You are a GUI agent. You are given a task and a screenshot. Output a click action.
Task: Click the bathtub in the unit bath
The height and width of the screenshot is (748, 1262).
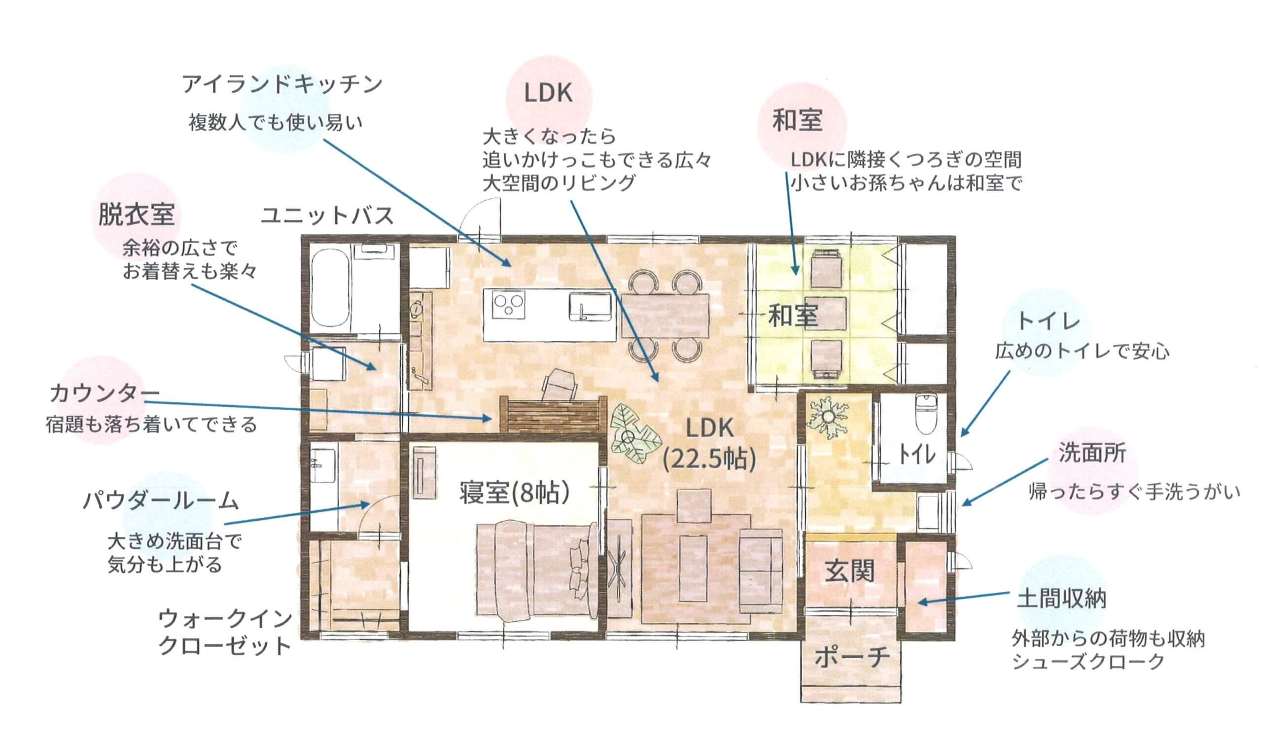point(330,289)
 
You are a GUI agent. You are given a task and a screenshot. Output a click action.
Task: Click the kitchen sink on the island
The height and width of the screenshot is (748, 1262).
point(591,306)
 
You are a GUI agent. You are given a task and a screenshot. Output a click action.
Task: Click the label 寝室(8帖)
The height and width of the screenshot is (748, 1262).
point(514,492)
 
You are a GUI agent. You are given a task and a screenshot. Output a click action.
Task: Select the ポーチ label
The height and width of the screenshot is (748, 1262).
point(852,657)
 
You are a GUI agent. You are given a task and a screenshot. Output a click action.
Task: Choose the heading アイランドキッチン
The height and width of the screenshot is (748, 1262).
point(282,84)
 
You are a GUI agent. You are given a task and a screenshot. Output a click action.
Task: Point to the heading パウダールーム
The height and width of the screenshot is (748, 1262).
point(160,500)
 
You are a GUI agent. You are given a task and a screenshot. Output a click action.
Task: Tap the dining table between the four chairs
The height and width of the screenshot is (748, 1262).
point(666,316)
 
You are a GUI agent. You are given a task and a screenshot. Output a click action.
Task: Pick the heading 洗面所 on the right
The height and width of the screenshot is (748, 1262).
point(1092,453)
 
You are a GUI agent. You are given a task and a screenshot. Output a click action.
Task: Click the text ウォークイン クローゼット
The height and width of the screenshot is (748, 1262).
point(225,632)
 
